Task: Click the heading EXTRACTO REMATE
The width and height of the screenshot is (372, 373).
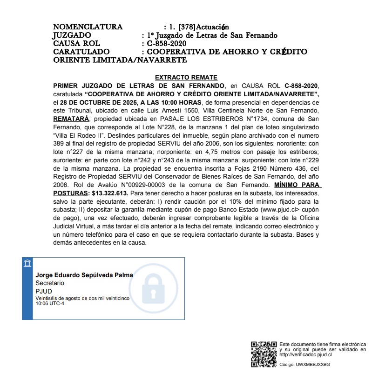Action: (186, 77)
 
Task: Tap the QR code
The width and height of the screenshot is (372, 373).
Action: (264, 354)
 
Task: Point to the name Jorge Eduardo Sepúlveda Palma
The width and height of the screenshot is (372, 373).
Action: (84, 275)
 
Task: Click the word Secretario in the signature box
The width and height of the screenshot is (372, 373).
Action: (50, 283)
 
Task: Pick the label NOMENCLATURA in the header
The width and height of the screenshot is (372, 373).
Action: (88, 27)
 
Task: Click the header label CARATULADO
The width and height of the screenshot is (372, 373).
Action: (81, 52)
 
